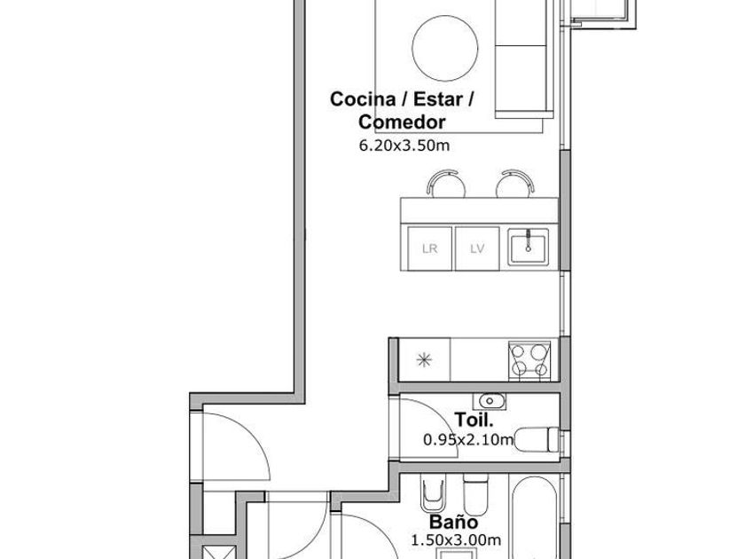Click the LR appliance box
coord(429,248)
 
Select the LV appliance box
coord(477,248)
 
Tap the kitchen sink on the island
coord(528,247)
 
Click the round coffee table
coord(444,49)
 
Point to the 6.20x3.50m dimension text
coord(404,146)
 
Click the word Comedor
coord(402,122)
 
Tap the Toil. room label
coord(474,420)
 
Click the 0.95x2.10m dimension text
coord(468,440)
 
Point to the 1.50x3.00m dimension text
coord(456,540)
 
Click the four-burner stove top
coord(529,360)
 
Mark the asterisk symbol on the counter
coord(424,360)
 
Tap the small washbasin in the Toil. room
coord(490,401)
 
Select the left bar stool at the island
coord(445,184)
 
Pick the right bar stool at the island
coord(515,184)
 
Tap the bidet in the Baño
coord(433,494)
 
